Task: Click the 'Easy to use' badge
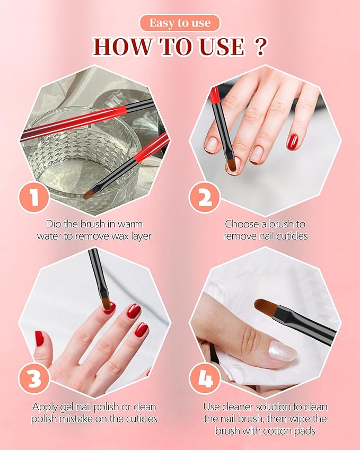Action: click(180, 23)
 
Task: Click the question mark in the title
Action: click(260, 47)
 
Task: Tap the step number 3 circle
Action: click(34, 380)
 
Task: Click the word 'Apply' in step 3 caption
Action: click(46, 407)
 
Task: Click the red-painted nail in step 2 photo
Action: click(292, 142)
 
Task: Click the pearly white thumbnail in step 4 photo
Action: click(282, 351)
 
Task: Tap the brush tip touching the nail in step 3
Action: click(107, 304)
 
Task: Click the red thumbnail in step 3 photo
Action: click(39, 338)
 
